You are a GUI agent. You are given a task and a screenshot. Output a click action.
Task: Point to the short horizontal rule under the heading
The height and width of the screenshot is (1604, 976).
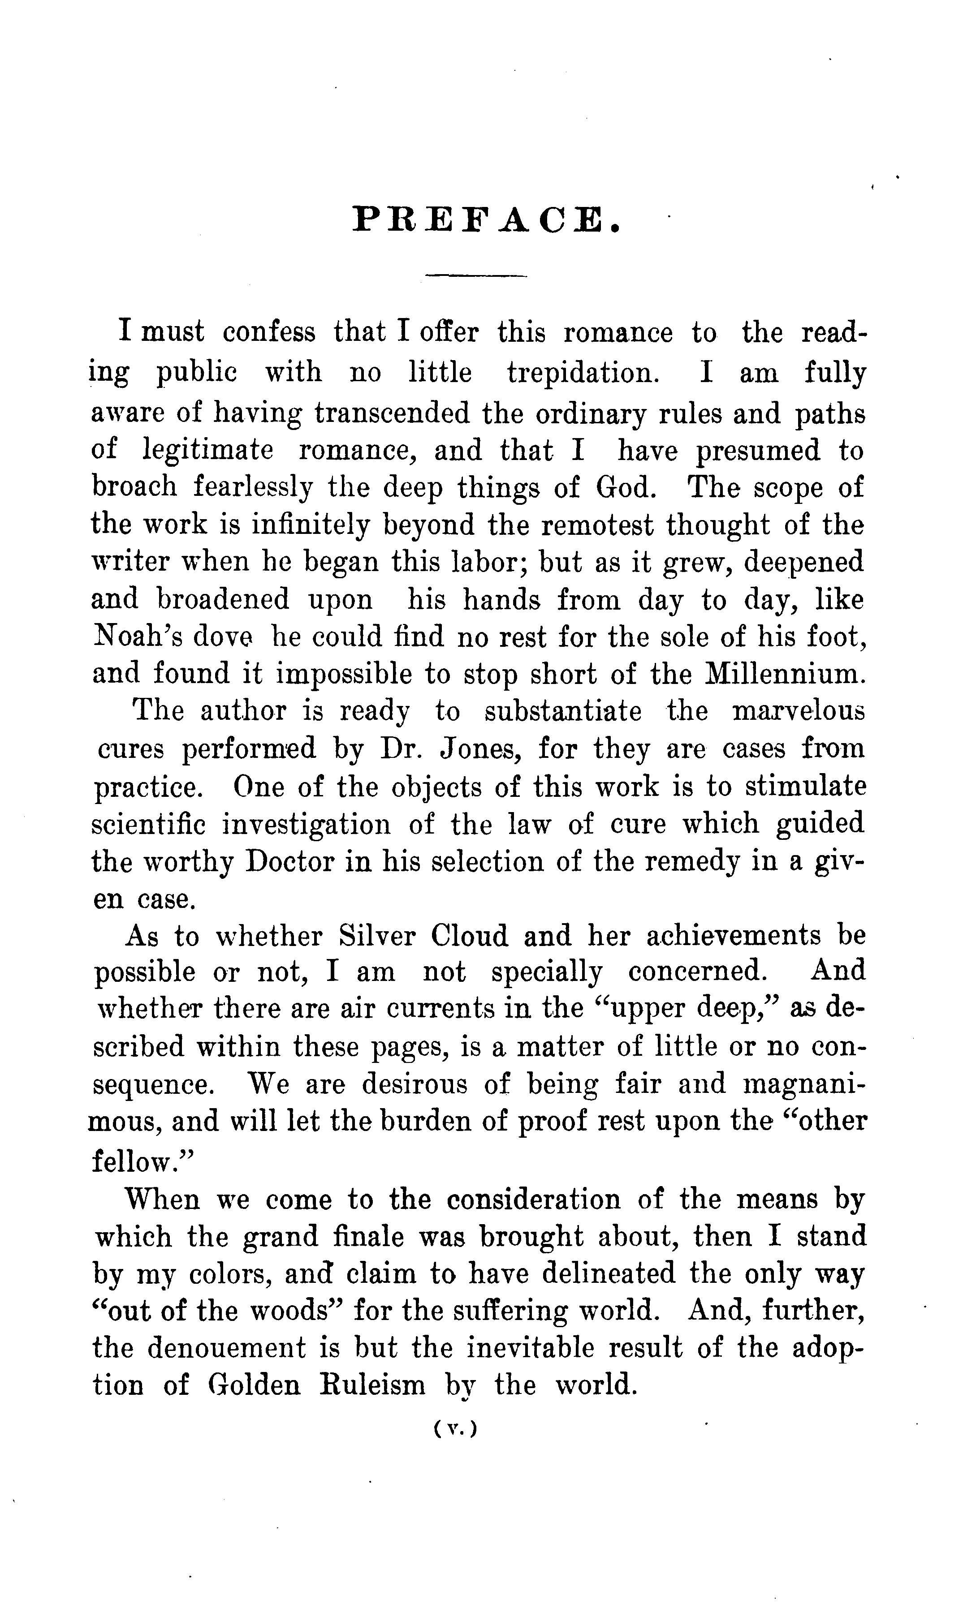tap(475, 276)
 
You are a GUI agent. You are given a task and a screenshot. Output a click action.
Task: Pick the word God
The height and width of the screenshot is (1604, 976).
tap(626, 488)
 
